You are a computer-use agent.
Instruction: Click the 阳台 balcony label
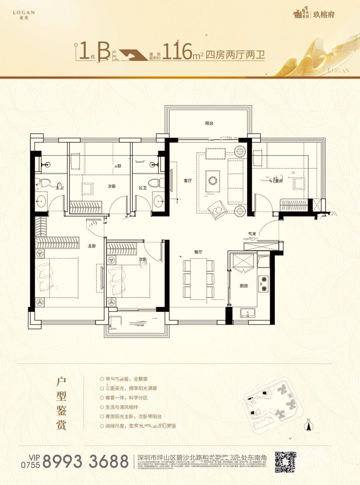[209, 123]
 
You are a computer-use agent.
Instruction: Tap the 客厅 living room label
[188, 181]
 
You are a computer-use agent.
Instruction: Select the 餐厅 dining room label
[198, 252]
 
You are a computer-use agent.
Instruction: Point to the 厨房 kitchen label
[244, 286]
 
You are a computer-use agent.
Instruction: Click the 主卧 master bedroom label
[92, 246]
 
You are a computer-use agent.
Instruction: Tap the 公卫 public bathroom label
[142, 188]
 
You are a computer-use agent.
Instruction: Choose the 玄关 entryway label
[252, 234]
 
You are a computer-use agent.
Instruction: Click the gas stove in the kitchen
[263, 283]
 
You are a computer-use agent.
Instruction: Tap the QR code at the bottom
[286, 462]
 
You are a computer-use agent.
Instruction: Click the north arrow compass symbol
[308, 424]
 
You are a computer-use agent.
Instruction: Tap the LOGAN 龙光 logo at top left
[24, 15]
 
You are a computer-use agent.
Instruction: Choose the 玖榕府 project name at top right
[324, 15]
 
